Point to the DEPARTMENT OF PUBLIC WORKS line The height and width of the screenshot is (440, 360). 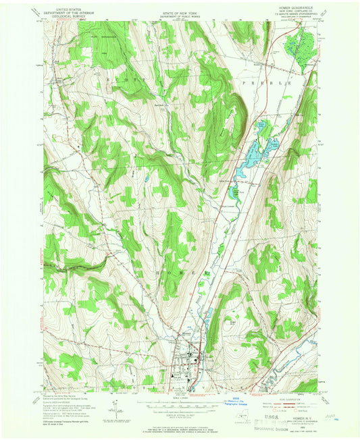180,11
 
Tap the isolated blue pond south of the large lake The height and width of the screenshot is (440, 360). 236,194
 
